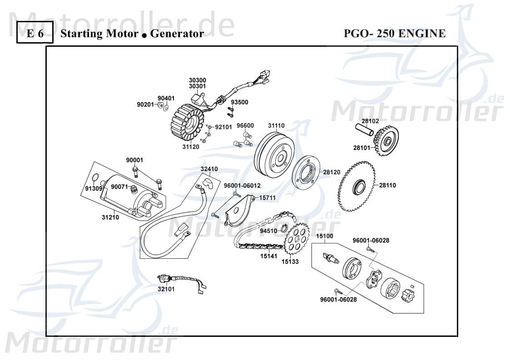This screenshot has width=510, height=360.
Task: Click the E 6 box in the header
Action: coord(35,33)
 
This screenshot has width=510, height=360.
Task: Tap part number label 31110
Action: coord(289,125)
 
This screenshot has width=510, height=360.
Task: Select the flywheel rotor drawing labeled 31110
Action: coord(273,154)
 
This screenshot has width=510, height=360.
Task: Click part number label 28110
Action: coord(387,185)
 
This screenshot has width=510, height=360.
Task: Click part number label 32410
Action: coord(209,169)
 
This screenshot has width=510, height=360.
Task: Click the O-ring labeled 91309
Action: coord(95,178)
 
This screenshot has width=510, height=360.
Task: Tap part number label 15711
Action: coord(267,198)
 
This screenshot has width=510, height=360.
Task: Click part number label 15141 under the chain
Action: coord(269,256)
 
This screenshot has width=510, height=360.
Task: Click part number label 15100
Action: coord(325,236)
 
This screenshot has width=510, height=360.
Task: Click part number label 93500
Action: coord(239,102)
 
